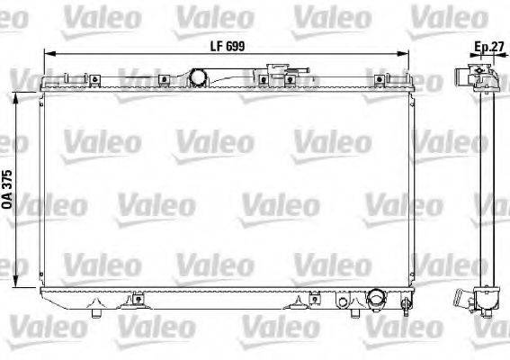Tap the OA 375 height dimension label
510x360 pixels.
(x=10, y=190)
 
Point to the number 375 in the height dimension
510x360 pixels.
(x=10, y=181)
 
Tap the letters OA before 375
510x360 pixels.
(x=10, y=205)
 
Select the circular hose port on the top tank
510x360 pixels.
(x=195, y=77)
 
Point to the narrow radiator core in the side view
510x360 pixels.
(x=488, y=189)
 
